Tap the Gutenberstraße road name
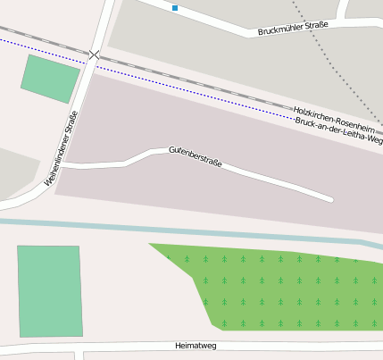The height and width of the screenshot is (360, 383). tap(195, 157)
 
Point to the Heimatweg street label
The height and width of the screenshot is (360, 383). tap(196, 345)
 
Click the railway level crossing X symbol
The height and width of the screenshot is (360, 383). tap(95, 55)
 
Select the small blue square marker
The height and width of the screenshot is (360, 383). tap(175, 8)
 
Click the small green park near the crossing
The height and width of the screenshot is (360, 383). tap(51, 78)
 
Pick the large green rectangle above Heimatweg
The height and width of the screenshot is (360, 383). tap(49, 291)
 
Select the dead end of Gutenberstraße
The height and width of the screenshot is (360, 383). tap(330, 198)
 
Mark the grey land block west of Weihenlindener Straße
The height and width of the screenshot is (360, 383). tap(13, 174)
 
